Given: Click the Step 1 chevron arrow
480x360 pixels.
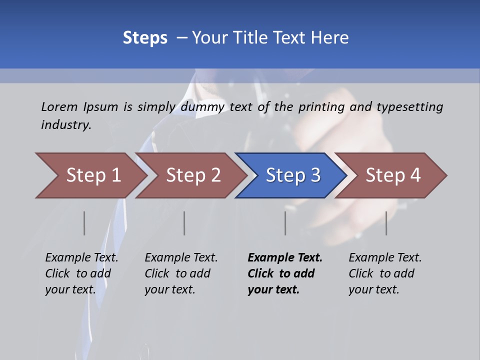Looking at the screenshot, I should click(x=92, y=175).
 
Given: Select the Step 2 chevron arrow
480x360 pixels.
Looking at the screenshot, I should click(x=192, y=175).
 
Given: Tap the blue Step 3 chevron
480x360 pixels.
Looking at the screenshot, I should click(x=292, y=175).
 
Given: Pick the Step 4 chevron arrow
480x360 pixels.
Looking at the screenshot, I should click(x=392, y=175).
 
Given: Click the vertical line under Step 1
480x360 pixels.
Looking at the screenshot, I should click(x=84, y=223).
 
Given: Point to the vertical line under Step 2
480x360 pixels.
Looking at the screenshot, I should click(x=184, y=223).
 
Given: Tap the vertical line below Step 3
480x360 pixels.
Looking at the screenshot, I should click(x=285, y=223).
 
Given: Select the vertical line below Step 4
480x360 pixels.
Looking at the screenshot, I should click(x=386, y=223).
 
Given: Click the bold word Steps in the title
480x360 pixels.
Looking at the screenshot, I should click(x=145, y=38).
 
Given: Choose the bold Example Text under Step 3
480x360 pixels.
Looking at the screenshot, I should click(x=285, y=257).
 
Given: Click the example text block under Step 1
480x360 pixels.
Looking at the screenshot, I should click(x=81, y=273).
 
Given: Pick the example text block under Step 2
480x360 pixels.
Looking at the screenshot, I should click(x=181, y=273).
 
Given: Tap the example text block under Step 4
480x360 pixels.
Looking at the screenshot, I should click(x=385, y=273).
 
